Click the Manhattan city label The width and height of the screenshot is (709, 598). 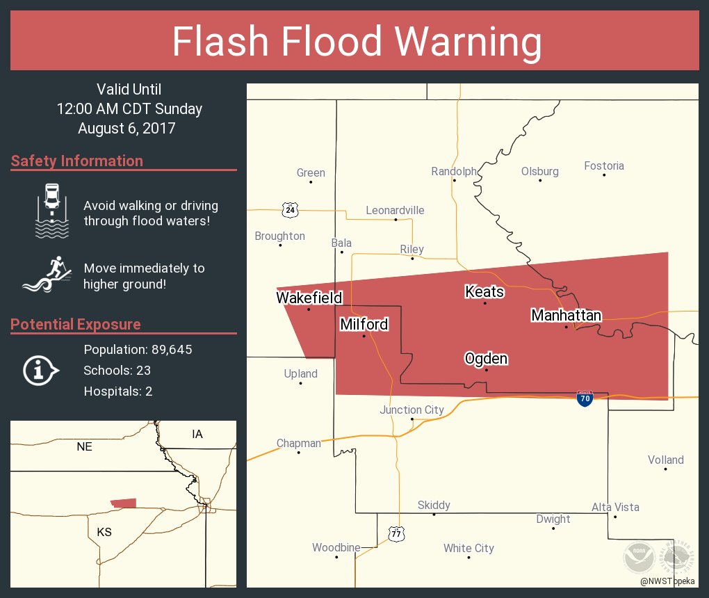click(x=566, y=316)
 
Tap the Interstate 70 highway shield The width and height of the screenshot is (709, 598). click(x=585, y=398)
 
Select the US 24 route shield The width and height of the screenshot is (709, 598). click(x=290, y=209)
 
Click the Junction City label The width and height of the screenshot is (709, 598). click(x=411, y=410)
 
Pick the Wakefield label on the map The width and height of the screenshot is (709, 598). click(x=309, y=298)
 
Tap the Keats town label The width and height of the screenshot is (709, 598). click(x=484, y=291)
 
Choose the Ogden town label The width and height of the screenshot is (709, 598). click(x=486, y=359)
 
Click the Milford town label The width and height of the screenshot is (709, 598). click(x=364, y=324)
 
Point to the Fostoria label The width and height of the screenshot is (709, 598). click(x=604, y=165)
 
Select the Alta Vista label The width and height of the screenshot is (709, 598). click(x=615, y=507)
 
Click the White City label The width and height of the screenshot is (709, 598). click(x=468, y=548)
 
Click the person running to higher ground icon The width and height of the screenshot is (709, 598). click(x=47, y=275)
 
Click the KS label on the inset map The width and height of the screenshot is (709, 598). click(x=104, y=532)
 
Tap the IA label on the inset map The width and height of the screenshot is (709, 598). click(x=197, y=434)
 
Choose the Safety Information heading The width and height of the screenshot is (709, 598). click(x=77, y=161)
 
